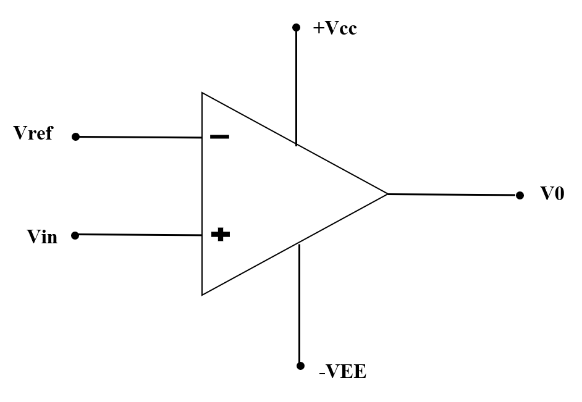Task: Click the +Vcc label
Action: [335, 28]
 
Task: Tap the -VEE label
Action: [342, 372]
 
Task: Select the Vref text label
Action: [33, 133]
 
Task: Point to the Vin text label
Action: [42, 237]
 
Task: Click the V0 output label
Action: [552, 194]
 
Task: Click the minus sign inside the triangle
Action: [219, 136]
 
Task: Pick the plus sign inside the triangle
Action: [220, 235]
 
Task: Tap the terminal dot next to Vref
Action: [75, 137]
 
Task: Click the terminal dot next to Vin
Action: [75, 235]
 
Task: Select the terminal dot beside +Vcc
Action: [296, 28]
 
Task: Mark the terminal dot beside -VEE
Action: [300, 366]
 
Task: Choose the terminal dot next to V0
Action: [520, 195]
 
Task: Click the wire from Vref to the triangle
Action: [139, 137]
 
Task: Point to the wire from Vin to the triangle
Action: [139, 235]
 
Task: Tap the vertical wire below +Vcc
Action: [296, 86]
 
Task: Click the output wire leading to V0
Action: [454, 195]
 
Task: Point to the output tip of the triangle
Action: [387, 194]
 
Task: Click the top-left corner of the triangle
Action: [202, 93]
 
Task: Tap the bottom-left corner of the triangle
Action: [202, 295]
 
